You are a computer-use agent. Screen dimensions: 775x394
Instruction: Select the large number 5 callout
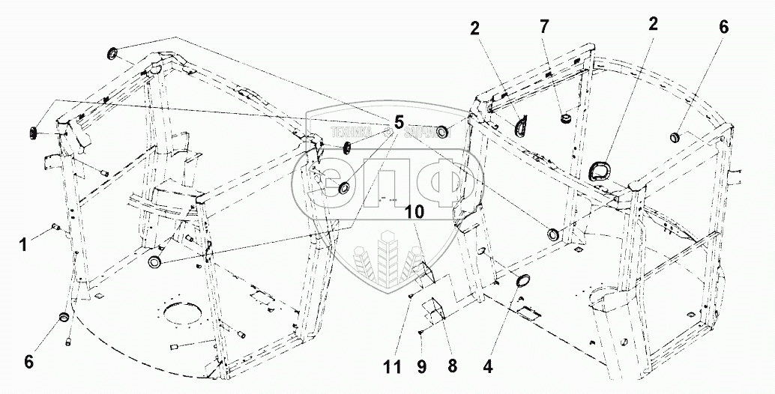tap(398, 122)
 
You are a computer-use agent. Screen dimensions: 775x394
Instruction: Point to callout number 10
tap(415, 212)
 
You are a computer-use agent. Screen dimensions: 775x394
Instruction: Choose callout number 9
tap(421, 368)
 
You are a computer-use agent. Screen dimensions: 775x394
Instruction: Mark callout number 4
tap(489, 368)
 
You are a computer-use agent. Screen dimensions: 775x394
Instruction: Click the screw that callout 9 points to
tap(423, 333)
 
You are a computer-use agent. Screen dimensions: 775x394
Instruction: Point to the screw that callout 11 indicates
tap(412, 295)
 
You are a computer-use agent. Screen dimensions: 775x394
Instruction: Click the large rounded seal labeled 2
tap(598, 171)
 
